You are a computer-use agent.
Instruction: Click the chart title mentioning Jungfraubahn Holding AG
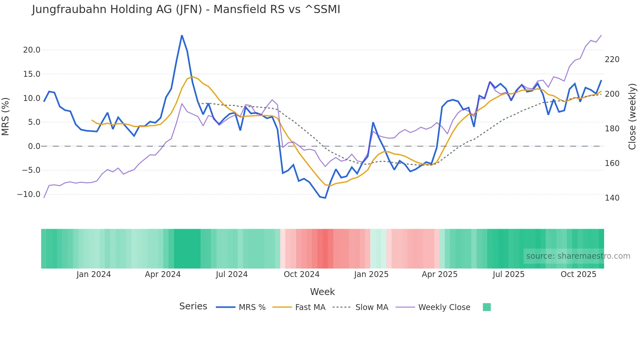point(186,9)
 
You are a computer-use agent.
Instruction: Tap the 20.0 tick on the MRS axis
point(31,50)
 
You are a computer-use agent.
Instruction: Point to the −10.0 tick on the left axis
point(29,194)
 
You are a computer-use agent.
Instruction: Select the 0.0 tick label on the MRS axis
point(34,146)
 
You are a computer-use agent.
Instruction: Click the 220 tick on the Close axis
point(612,59)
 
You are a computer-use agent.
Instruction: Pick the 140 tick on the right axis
point(612,198)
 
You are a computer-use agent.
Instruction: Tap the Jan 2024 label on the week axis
point(93,274)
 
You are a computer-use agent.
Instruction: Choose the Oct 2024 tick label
point(301,274)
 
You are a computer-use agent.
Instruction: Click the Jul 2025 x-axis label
point(508,274)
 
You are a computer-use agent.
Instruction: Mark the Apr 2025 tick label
point(440,274)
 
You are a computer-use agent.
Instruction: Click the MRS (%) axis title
point(6,117)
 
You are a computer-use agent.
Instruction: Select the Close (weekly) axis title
point(632,117)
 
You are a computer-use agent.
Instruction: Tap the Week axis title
point(322,292)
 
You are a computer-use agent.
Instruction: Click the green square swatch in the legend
point(487,307)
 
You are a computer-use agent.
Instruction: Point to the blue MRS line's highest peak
point(182,35)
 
